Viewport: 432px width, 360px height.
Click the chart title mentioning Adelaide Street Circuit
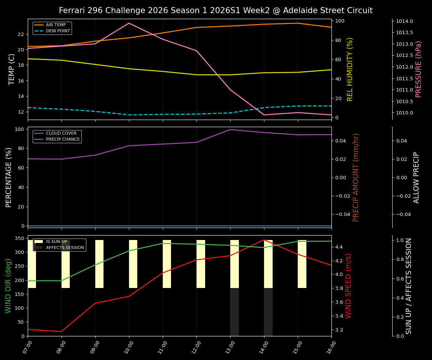coord(216,10)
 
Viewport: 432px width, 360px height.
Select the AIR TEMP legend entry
coord(55,25)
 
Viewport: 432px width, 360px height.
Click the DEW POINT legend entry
coord(58,31)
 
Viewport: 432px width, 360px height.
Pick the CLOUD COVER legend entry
coord(61,133)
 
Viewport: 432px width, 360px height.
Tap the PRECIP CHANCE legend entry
coord(63,139)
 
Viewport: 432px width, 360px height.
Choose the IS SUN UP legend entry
coord(57,242)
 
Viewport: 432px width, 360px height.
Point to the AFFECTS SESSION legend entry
coord(65,248)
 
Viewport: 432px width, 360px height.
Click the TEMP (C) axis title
coord(12,69)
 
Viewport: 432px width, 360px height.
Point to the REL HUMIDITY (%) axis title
coord(350,69)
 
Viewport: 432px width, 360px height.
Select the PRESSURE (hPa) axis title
coord(418,69)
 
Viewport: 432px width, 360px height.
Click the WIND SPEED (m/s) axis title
coord(349,286)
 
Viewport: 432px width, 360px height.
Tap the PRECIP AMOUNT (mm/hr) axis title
coord(356,177)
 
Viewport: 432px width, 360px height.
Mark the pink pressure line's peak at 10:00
coord(129,23)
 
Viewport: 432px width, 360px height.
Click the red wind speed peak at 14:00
coord(264,240)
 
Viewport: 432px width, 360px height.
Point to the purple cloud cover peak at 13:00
coord(230,130)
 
